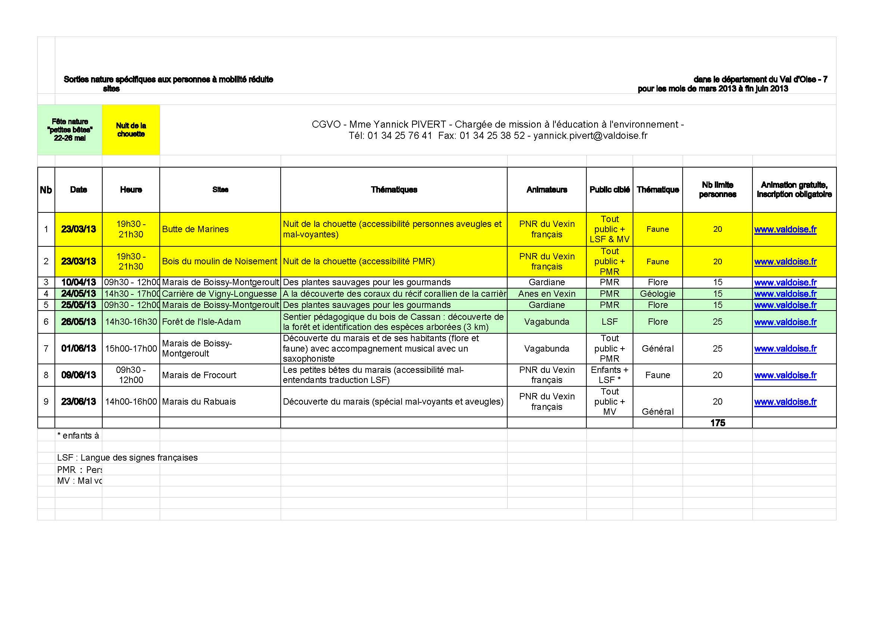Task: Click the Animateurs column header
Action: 546,190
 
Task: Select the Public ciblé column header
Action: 609,190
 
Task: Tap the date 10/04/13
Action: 78,283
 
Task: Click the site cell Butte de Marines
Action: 196,229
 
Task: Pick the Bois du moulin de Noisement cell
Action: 219,262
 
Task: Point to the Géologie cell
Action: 657,294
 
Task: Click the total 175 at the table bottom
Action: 717,423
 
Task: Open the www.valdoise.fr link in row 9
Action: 785,402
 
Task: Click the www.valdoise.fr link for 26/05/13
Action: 785,322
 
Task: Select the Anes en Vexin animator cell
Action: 546,294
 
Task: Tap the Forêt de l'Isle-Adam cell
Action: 201,322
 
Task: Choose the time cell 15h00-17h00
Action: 131,349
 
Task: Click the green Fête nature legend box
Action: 69,130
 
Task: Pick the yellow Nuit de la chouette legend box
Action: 131,130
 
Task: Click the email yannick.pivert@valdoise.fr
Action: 590,136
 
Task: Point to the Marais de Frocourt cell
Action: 199,375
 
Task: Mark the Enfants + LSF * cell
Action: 609,375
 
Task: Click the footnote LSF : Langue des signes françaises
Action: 127,458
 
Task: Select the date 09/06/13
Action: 78,375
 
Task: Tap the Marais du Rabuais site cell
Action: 199,402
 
